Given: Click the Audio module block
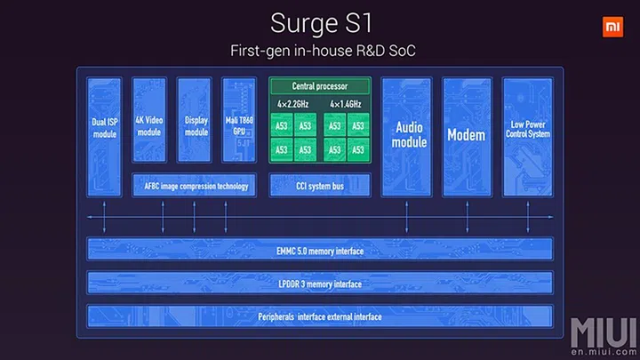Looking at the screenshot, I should (x=405, y=134).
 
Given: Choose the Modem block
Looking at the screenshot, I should (x=467, y=135).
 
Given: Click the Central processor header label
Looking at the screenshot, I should (x=319, y=86).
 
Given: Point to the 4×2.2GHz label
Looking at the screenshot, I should (x=293, y=104).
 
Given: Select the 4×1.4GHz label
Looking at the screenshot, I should (x=345, y=104).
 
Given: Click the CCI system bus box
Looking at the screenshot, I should (x=318, y=186).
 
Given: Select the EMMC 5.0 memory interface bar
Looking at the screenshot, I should (x=318, y=251).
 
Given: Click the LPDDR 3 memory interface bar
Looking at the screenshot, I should (x=318, y=284).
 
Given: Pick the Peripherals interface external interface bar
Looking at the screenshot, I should (x=318, y=316).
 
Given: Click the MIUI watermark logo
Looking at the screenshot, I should (x=604, y=332).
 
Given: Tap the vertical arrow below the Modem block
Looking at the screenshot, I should (x=467, y=217).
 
